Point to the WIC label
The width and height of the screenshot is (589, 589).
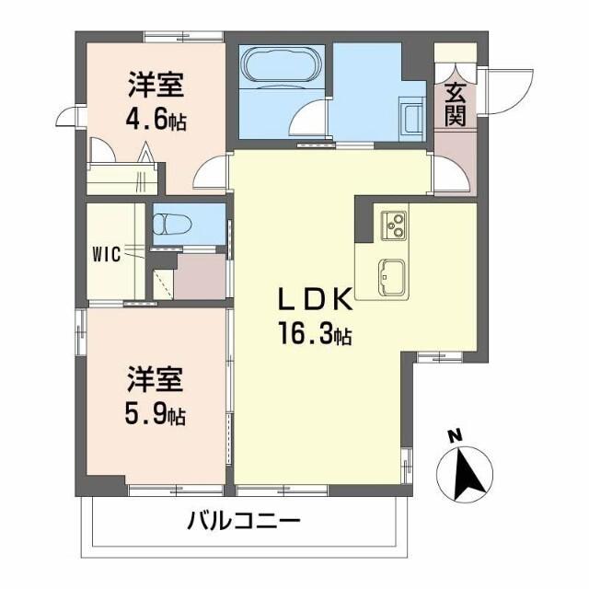pos(107,255)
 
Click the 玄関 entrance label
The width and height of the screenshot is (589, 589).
pos(455,103)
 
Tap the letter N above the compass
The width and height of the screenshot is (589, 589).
pos(453,436)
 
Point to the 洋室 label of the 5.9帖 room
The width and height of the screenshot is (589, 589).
pos(154,378)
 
